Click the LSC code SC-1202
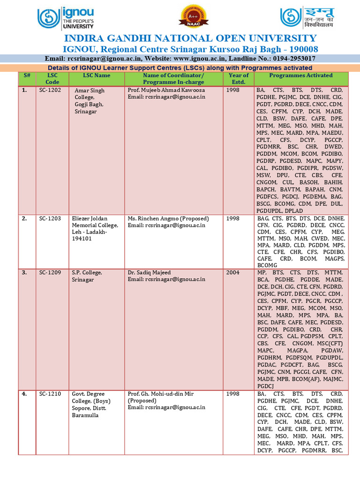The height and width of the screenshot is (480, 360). [50, 90]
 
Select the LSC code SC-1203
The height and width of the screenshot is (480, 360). [50, 218]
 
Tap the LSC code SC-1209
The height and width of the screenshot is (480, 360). [50, 272]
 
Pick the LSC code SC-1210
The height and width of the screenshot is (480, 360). [50, 394]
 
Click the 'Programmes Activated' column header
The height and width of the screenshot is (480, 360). [300, 75]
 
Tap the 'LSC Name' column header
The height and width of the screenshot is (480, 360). [97, 75]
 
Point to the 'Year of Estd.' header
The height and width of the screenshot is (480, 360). [239, 78]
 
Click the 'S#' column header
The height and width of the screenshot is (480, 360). [27, 75]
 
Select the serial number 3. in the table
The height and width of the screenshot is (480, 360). [25, 272]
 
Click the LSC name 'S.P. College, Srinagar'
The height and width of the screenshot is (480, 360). [88, 276]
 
